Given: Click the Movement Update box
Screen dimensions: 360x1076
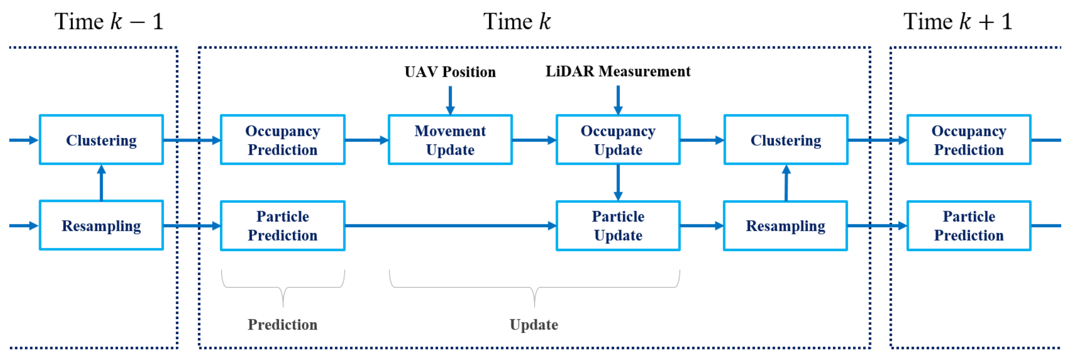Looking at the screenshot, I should (x=450, y=140).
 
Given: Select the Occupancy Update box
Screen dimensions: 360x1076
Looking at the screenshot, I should (x=618, y=140).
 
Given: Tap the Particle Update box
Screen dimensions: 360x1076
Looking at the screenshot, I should (x=618, y=226).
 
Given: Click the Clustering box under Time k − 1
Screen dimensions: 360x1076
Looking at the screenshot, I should (x=101, y=140).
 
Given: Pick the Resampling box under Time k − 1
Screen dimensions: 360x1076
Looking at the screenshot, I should (x=101, y=226).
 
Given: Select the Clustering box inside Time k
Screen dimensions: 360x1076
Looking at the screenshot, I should (x=786, y=140).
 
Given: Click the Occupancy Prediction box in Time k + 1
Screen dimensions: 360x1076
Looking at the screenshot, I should (x=969, y=140).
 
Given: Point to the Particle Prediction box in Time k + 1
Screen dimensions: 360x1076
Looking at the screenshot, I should (x=969, y=226).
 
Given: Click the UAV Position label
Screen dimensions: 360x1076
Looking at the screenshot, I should (x=450, y=72).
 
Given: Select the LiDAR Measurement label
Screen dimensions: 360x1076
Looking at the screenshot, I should (x=618, y=72).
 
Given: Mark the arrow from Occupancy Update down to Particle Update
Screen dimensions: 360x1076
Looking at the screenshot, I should (x=618, y=182).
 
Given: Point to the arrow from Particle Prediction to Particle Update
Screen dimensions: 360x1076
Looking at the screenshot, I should (x=450, y=226).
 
